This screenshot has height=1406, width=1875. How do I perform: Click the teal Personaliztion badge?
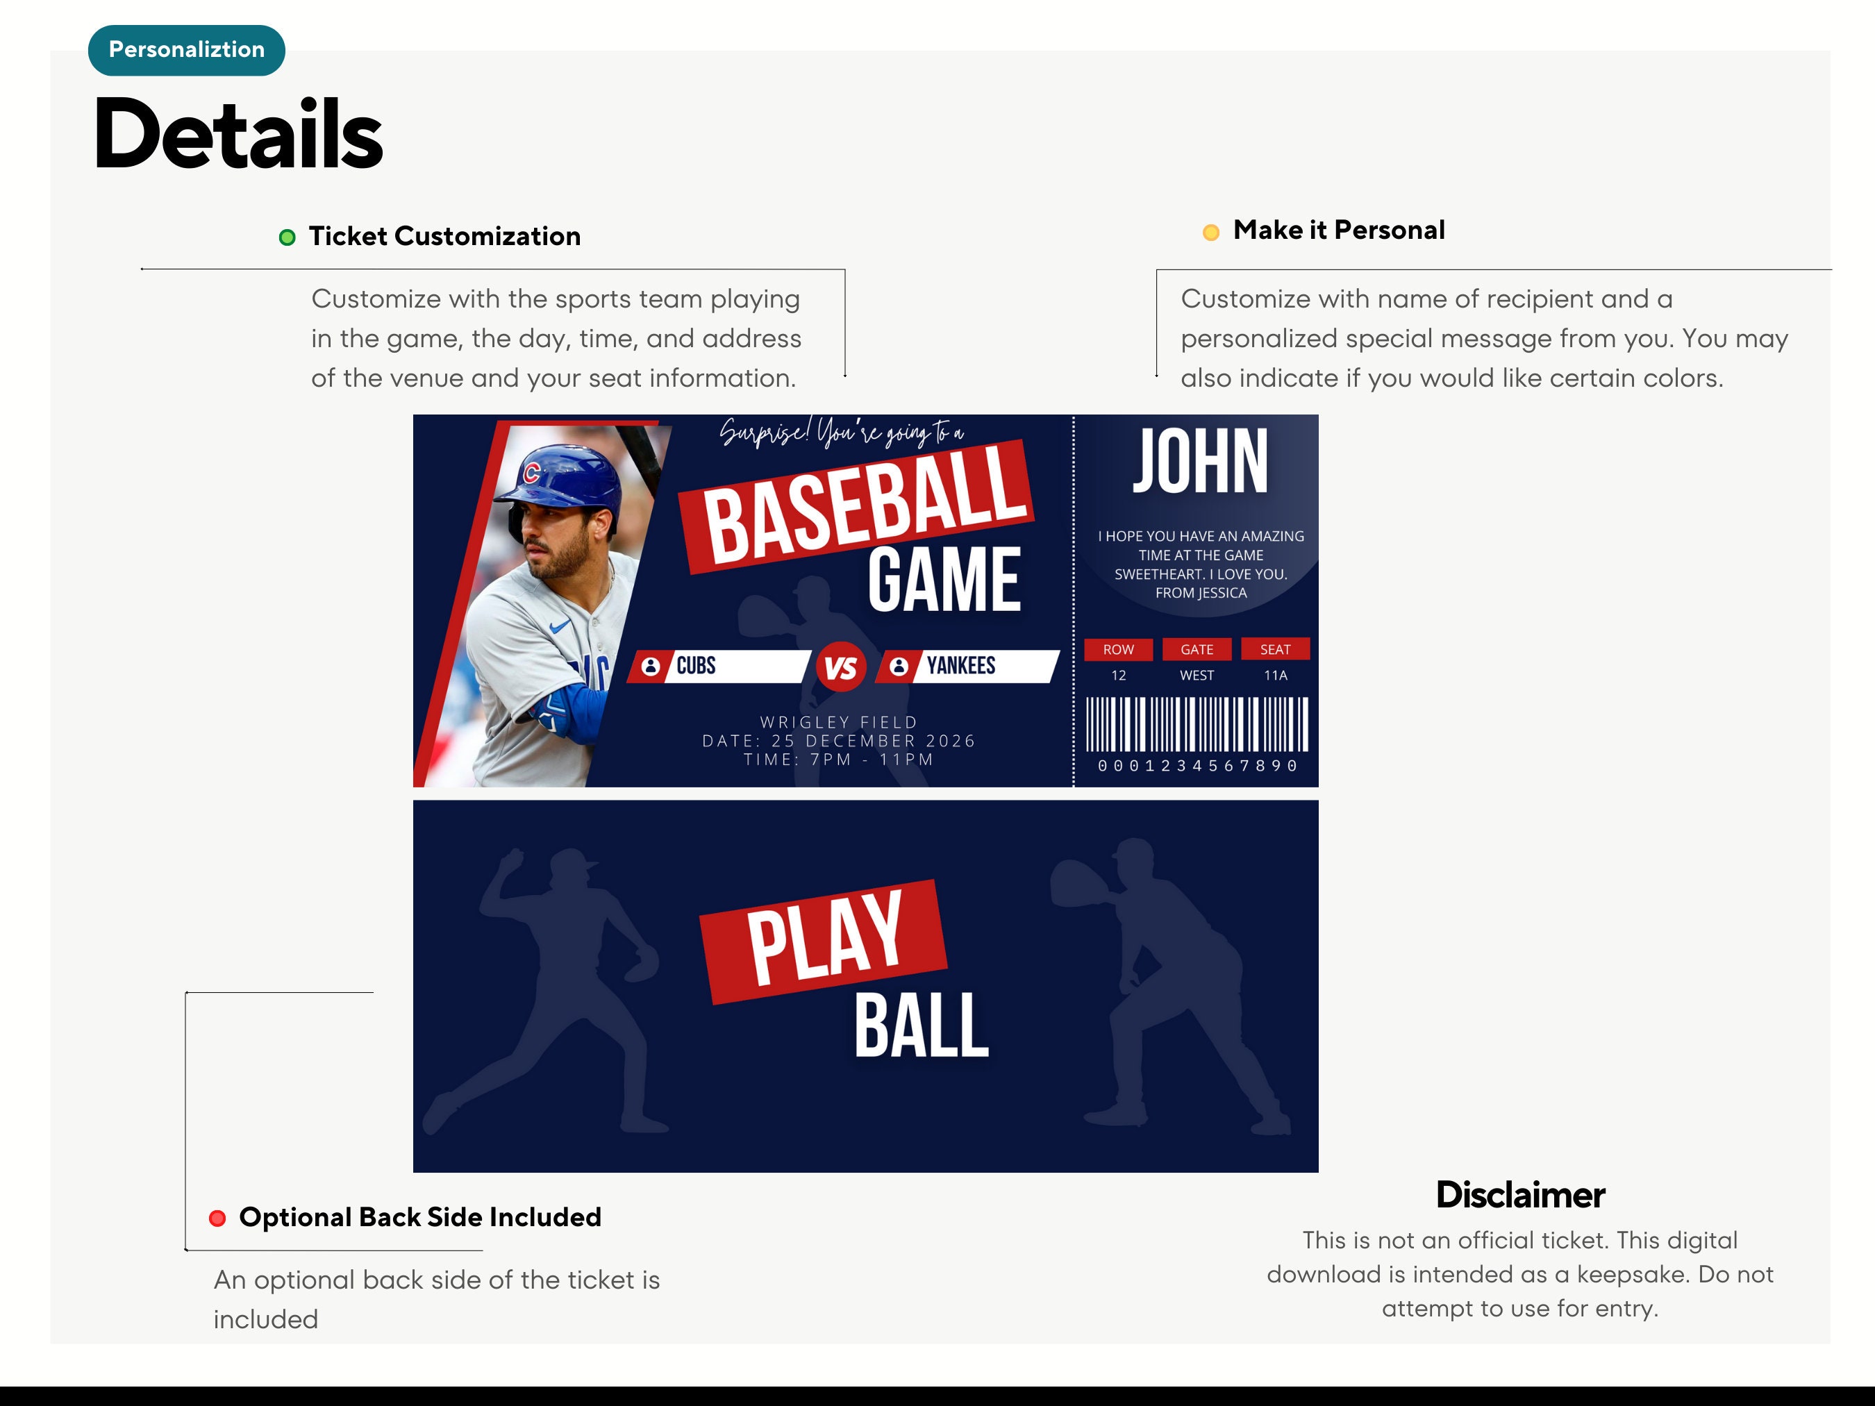187,50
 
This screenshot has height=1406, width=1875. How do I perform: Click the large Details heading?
238,134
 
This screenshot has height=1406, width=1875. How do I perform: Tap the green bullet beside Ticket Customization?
287,237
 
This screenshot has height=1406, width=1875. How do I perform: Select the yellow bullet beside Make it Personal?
1210,232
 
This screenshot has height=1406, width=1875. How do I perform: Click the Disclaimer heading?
1520,1195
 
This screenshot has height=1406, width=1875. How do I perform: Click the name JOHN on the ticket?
1200,462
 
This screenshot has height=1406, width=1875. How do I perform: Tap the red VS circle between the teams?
841,668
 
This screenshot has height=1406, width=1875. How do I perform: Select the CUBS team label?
696,665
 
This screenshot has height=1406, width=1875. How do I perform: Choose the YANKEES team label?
960,665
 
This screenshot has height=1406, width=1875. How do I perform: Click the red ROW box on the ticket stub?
1118,649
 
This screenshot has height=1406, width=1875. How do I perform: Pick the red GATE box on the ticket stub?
1197,649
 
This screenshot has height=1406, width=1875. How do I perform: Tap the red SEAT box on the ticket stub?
1275,649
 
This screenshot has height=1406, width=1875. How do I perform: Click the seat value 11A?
1275,676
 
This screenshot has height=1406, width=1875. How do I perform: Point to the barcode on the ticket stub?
1197,725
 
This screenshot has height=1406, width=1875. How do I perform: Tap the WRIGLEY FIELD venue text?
838,722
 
